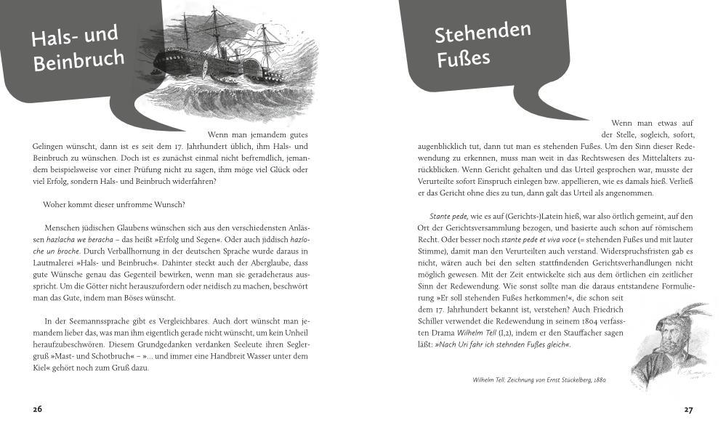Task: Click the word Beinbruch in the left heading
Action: [78, 60]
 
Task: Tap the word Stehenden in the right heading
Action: [483, 32]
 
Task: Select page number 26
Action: [38, 409]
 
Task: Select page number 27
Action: [688, 409]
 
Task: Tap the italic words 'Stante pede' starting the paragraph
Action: [448, 216]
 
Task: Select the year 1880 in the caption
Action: [600, 379]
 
